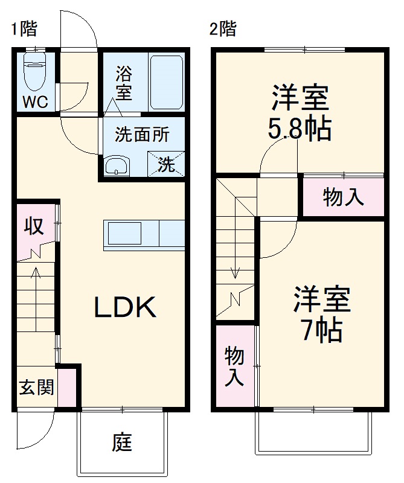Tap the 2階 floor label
coord(223,29)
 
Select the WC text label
coord(35,102)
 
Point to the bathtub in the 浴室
coord(165,83)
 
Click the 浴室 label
coord(124,84)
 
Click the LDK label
coord(125,309)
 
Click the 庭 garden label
coord(121,444)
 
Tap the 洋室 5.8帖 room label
coord(300,113)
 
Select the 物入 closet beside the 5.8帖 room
coord(343,197)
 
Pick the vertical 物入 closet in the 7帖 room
coord(234,366)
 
